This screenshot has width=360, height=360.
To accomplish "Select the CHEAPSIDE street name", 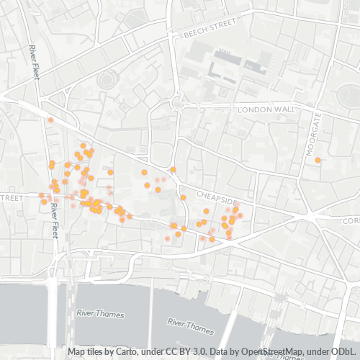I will tap(215, 197).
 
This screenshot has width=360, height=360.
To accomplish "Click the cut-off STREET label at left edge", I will tap(12, 197).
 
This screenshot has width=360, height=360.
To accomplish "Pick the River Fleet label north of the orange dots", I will tap(34, 63).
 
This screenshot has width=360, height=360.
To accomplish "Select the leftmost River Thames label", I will tap(100, 315).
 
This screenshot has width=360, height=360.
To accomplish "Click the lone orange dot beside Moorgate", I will tap(318, 160).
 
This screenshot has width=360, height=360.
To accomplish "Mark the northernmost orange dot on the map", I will tap(50, 120).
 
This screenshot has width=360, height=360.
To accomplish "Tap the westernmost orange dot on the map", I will tap(41, 195).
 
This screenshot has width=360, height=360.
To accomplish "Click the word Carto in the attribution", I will tap(133, 352).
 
